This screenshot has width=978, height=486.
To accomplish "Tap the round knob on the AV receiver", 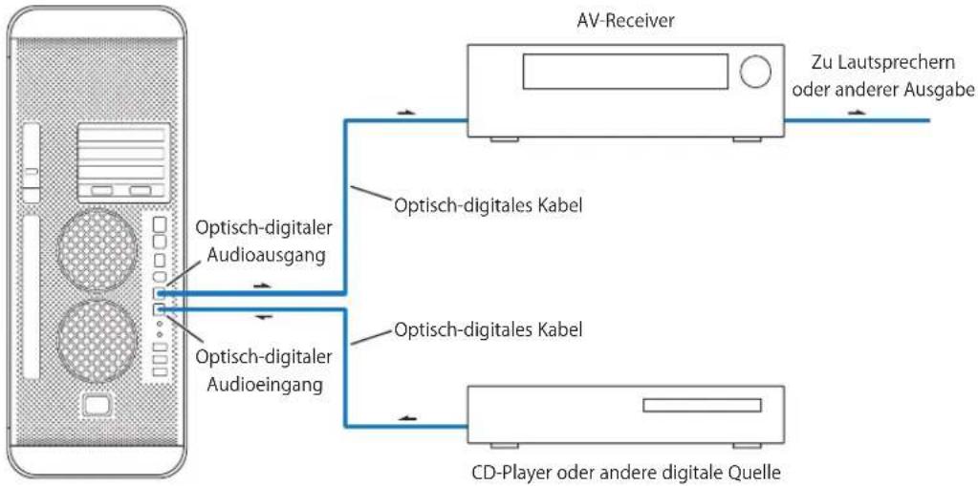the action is click(x=755, y=71).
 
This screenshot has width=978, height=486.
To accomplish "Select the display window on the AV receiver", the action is click(x=625, y=71).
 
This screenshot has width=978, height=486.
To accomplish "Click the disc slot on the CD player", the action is click(x=703, y=406).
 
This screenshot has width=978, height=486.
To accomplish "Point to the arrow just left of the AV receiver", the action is click(x=405, y=114).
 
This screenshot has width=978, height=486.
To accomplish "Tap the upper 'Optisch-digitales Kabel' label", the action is click(x=489, y=205).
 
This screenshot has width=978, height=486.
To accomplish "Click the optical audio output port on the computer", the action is click(x=159, y=293).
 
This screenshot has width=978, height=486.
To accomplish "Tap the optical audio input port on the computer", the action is click(x=159, y=307).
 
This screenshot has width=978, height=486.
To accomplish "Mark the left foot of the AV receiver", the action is click(x=504, y=139).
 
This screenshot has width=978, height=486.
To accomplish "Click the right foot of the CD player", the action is click(x=748, y=446).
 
